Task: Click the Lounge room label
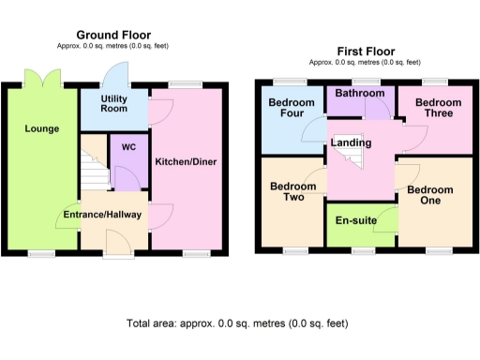[x=43, y=128]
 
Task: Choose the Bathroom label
[x=361, y=94]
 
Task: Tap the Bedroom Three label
[x=435, y=108]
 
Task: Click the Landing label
[x=352, y=142]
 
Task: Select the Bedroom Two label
[x=289, y=192]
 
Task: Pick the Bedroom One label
[x=429, y=196]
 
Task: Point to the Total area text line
[x=237, y=323]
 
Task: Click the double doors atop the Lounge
[x=44, y=78]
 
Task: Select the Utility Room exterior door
[x=118, y=74]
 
